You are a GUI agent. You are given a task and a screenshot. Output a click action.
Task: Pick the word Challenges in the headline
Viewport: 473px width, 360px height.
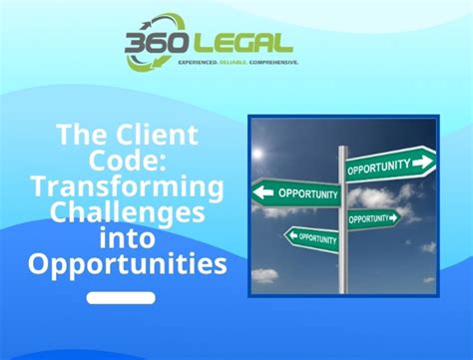click(x=127, y=212)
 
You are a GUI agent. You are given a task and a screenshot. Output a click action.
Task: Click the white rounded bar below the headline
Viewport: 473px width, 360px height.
click(x=121, y=297)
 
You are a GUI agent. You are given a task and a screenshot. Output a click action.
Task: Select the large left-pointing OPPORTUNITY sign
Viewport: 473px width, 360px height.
click(x=300, y=191)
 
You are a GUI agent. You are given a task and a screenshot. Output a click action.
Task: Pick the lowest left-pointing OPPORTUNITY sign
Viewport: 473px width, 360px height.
click(x=311, y=237)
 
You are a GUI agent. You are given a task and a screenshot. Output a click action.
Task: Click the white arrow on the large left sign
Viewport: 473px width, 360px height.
click(x=266, y=190)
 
